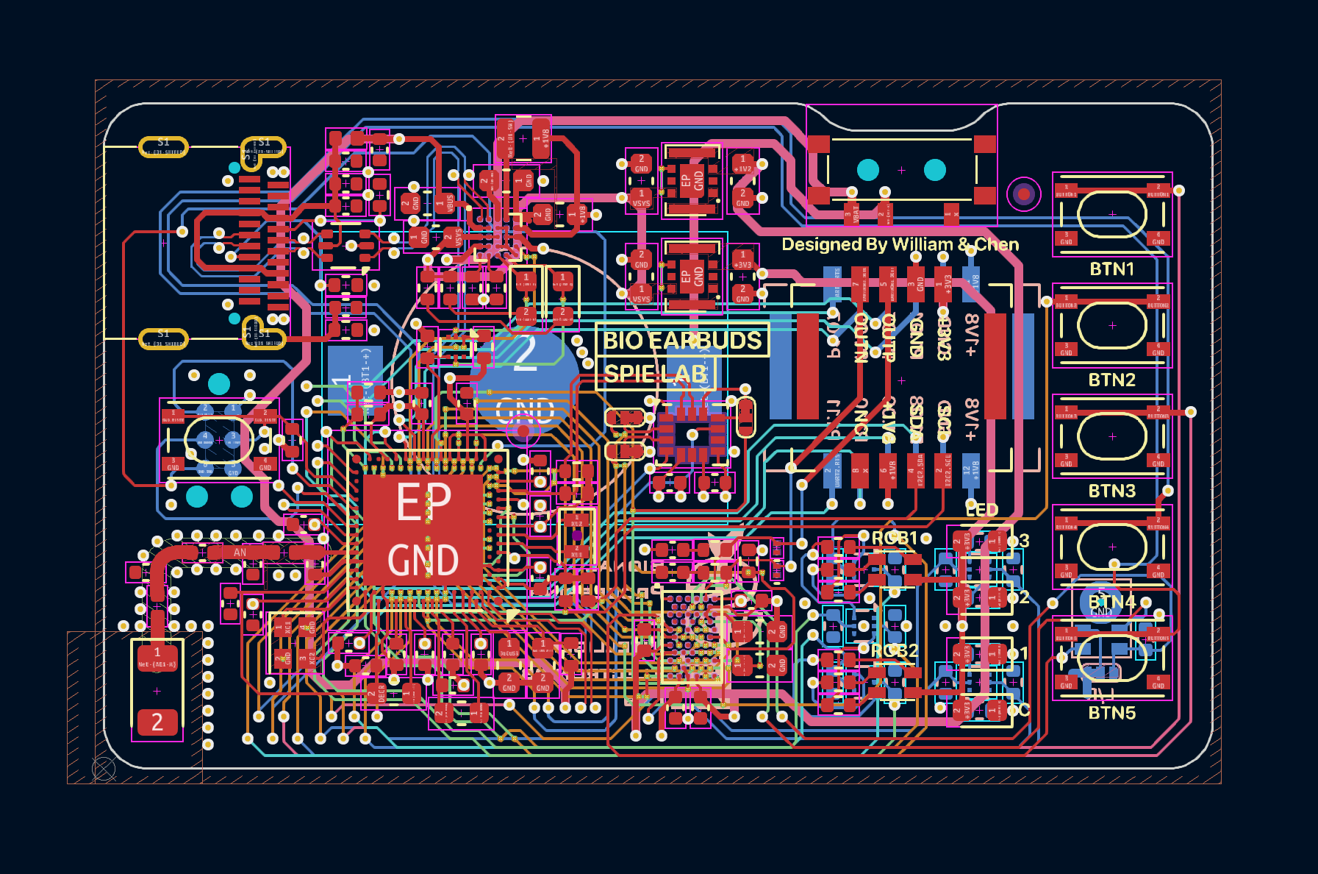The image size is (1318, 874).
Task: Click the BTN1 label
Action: click(1111, 269)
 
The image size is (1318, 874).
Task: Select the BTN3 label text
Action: click(1111, 491)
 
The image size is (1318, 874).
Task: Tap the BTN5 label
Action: click(1111, 713)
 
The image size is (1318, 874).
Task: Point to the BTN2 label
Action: click(1111, 380)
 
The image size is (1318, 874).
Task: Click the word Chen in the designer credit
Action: click(997, 244)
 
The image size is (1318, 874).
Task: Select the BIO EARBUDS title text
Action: click(682, 341)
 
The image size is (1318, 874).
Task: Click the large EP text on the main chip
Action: click(423, 502)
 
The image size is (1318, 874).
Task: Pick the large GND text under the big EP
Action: click(423, 561)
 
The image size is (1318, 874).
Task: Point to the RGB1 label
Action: click(895, 539)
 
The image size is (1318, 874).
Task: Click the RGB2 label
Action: click(895, 651)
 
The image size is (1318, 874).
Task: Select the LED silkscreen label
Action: click(981, 510)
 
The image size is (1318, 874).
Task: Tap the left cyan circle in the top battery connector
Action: click(868, 170)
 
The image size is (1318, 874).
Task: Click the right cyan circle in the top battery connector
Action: click(934, 170)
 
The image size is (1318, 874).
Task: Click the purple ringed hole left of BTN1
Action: click(1023, 194)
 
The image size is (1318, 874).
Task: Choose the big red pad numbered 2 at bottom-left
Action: click(157, 722)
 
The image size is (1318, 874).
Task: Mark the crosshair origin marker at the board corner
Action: click(104, 770)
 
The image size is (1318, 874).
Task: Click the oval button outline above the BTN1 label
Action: click(1112, 214)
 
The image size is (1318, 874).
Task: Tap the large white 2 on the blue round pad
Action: click(525, 353)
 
